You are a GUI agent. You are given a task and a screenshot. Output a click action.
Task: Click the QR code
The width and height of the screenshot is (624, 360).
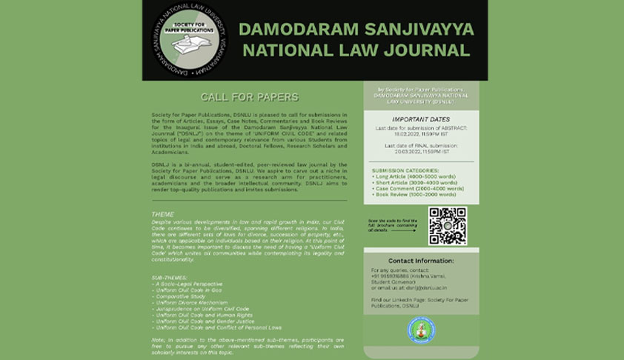click(x=448, y=226)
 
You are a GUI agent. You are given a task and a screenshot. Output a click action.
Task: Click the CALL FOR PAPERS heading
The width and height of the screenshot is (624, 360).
click(x=250, y=97)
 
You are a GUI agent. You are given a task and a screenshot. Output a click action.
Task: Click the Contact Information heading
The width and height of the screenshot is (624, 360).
click(x=421, y=261)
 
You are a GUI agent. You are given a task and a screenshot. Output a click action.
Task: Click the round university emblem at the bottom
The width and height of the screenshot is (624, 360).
click(x=421, y=329)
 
